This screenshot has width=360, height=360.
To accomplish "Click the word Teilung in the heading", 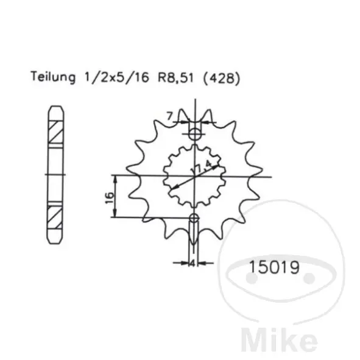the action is pos(53,77).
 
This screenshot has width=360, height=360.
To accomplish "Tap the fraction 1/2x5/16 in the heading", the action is pos(117,77).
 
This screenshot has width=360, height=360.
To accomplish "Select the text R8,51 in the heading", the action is pos(176,78).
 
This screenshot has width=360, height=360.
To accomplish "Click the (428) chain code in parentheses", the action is pos(222,78).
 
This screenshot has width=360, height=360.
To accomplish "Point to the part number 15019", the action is pos(274,267).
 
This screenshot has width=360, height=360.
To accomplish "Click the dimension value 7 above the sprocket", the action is pos(169,116).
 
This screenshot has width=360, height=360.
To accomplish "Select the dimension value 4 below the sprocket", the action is pos(192,263).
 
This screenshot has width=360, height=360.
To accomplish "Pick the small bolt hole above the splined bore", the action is pos(195,133).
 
